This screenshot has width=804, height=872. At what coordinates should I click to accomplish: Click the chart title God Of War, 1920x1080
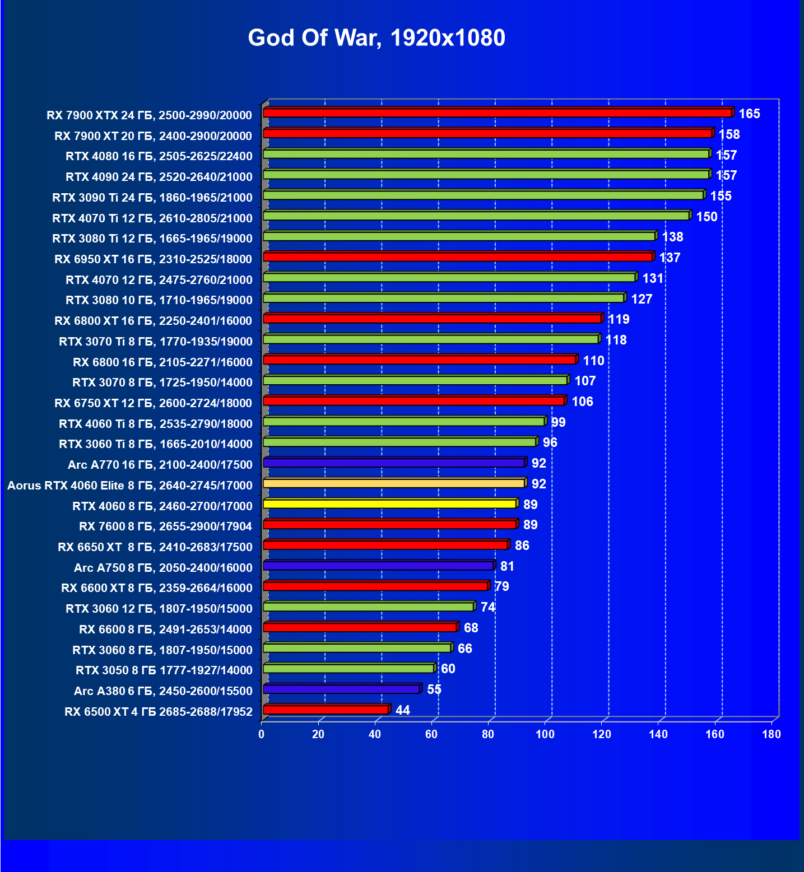(377, 38)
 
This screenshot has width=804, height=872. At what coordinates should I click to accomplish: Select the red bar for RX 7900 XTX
(497, 113)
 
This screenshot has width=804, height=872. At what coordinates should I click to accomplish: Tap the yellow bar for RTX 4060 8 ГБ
(389, 504)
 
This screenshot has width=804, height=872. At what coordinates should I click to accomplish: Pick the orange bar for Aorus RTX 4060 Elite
(393, 483)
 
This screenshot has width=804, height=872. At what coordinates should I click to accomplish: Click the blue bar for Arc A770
(393, 463)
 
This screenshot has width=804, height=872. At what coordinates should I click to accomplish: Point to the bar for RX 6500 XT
(326, 710)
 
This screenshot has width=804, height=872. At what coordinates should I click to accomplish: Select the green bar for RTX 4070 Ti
(476, 216)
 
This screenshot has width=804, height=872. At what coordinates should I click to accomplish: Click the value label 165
(749, 114)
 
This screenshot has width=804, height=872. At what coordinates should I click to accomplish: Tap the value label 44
(402, 711)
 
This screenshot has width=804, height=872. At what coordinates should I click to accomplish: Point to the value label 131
(653, 279)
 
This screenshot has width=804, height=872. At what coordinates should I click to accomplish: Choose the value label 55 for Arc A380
(434, 690)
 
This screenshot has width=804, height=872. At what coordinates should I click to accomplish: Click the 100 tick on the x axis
(545, 734)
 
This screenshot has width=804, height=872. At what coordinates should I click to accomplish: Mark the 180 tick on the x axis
(771, 734)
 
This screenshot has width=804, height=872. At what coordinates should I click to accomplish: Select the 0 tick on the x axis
(262, 734)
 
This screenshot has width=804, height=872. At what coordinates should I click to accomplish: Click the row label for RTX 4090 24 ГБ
(159, 177)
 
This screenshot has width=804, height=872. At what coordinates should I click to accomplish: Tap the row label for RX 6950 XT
(154, 259)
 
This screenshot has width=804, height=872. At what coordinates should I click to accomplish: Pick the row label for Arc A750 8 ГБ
(163, 568)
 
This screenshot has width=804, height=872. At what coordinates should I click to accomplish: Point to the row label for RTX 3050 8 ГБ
(164, 670)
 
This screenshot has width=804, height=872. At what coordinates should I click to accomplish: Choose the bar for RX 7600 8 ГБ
(389, 524)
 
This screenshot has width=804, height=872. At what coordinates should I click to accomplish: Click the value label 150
(707, 217)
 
